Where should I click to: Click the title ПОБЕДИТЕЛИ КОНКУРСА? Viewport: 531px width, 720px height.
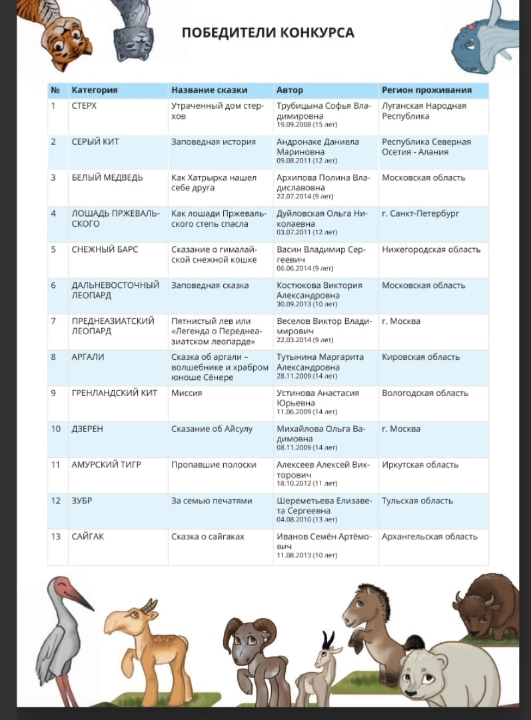[x=268, y=33]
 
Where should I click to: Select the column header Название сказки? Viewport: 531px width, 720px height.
[x=209, y=90]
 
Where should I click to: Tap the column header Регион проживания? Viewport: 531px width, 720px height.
[x=426, y=90]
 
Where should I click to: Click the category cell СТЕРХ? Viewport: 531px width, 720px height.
[x=84, y=106]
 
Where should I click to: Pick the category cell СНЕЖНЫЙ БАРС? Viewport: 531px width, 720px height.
[x=105, y=249]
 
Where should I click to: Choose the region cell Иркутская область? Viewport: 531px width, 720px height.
[x=420, y=465]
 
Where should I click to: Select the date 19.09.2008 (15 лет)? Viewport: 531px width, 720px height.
[x=307, y=125]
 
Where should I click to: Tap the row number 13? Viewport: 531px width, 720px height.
[x=56, y=537]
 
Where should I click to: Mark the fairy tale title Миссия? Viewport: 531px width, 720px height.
[x=187, y=393]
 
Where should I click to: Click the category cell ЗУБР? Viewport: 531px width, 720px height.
[x=82, y=501]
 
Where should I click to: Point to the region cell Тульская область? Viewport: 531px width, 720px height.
[x=417, y=501]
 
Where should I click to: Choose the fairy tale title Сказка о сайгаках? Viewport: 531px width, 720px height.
[x=208, y=537]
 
